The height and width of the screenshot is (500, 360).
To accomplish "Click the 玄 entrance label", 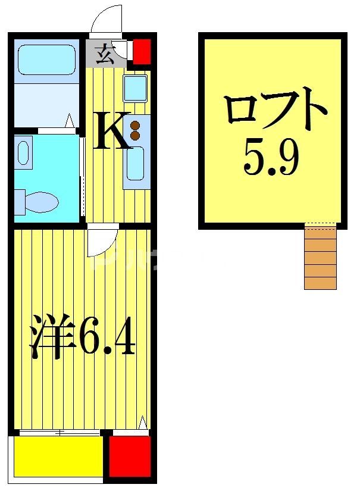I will point(104,52).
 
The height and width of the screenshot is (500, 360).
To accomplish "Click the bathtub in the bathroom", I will point(46,61).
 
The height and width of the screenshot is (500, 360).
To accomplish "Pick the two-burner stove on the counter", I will point(135,130).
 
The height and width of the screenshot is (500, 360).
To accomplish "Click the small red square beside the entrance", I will point(141,52).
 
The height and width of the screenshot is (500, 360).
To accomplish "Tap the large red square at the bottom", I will point(129,457).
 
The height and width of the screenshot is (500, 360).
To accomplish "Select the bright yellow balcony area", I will point(57,457).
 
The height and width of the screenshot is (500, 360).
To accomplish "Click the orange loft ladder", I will point(320,257).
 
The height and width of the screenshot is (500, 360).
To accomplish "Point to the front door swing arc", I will point(106,20).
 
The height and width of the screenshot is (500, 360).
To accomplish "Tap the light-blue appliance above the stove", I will point(136,89).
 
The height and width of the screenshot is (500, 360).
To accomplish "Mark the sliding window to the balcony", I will point(60,433).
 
